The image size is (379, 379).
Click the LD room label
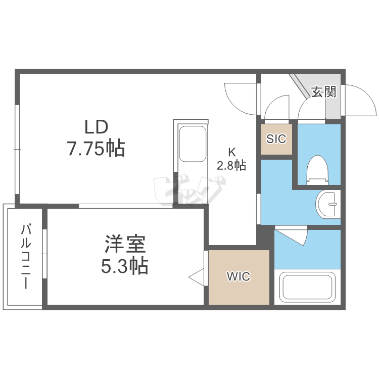[x=96, y=126]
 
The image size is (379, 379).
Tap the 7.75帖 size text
[x=96, y=149]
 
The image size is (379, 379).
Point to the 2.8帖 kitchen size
[x=231, y=165]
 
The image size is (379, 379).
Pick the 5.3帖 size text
[x=125, y=265]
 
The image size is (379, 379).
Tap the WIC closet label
[x=238, y=276]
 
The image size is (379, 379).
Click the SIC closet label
[x=276, y=138]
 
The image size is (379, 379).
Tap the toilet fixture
[x=318, y=169]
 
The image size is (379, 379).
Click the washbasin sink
[x=327, y=205]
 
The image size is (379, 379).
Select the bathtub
[x=308, y=287]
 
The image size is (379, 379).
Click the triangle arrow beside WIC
[x=196, y=276]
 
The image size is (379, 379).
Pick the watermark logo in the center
[x=187, y=191]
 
